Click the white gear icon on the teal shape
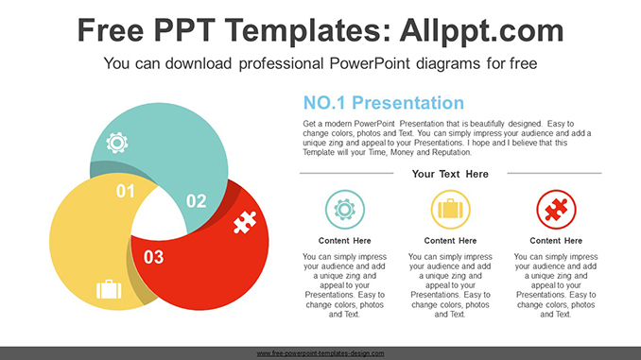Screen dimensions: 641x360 117,143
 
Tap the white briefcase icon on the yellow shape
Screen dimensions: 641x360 109,289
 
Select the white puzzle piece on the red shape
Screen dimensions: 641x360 245,222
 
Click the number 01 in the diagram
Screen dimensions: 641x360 126,191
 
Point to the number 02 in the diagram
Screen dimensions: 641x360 197,200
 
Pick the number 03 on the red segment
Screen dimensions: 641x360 154,257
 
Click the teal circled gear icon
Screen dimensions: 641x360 345,210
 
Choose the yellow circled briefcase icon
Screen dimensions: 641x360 451,210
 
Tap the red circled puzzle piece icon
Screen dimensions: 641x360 556,210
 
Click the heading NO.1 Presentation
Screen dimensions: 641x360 384,103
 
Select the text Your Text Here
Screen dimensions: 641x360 450,174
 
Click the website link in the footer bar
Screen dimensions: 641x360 320,353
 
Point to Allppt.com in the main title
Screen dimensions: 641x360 481,30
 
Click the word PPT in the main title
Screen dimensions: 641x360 184,30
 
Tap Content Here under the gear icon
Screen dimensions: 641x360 345,241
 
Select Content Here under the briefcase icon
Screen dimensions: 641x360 450,241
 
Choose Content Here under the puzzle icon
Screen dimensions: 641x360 556,241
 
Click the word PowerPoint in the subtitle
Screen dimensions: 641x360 369,63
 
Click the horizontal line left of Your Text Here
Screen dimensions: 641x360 347,173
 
